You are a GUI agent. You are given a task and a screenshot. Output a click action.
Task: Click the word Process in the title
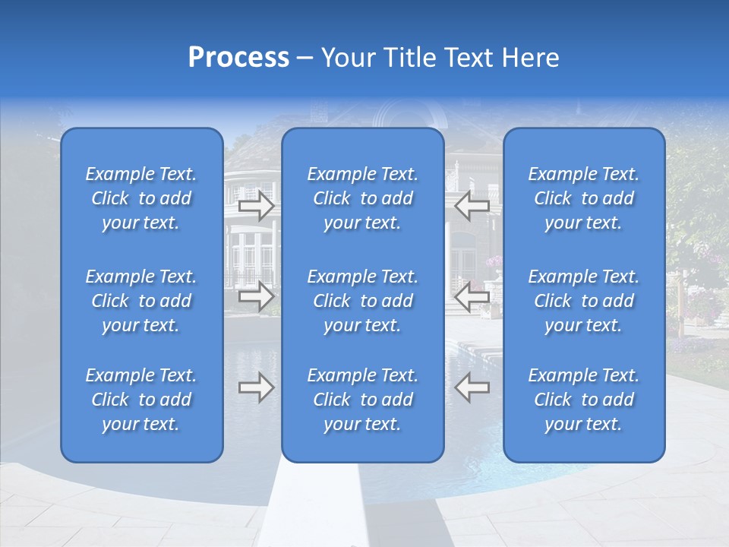pyautogui.click(x=238, y=58)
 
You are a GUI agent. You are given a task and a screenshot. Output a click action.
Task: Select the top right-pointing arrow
pyautogui.click(x=257, y=205)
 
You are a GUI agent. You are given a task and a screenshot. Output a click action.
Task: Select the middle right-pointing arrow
pyautogui.click(x=257, y=296)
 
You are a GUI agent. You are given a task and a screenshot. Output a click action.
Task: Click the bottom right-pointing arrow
pyautogui.click(x=257, y=388)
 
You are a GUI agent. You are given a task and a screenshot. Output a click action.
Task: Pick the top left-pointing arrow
pyautogui.click(x=472, y=205)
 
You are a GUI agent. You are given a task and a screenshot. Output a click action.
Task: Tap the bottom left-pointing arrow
pyautogui.click(x=472, y=388)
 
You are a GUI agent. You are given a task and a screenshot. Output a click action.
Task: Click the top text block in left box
pyautogui.click(x=141, y=198)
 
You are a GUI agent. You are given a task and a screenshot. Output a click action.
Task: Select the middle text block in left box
pyautogui.click(x=141, y=301)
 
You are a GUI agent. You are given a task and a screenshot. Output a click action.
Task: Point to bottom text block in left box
pyautogui.click(x=141, y=400)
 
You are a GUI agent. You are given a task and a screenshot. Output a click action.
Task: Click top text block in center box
pyautogui.click(x=363, y=198)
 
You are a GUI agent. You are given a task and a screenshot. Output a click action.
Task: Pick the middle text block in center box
pyautogui.click(x=363, y=301)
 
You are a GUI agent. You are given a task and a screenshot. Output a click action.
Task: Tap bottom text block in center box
pyautogui.click(x=363, y=400)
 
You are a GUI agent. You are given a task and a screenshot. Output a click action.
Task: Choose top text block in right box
pyautogui.click(x=584, y=198)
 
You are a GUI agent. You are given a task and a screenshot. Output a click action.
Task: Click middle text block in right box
pyautogui.click(x=584, y=301)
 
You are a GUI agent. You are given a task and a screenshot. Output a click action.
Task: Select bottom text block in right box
pyautogui.click(x=584, y=400)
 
